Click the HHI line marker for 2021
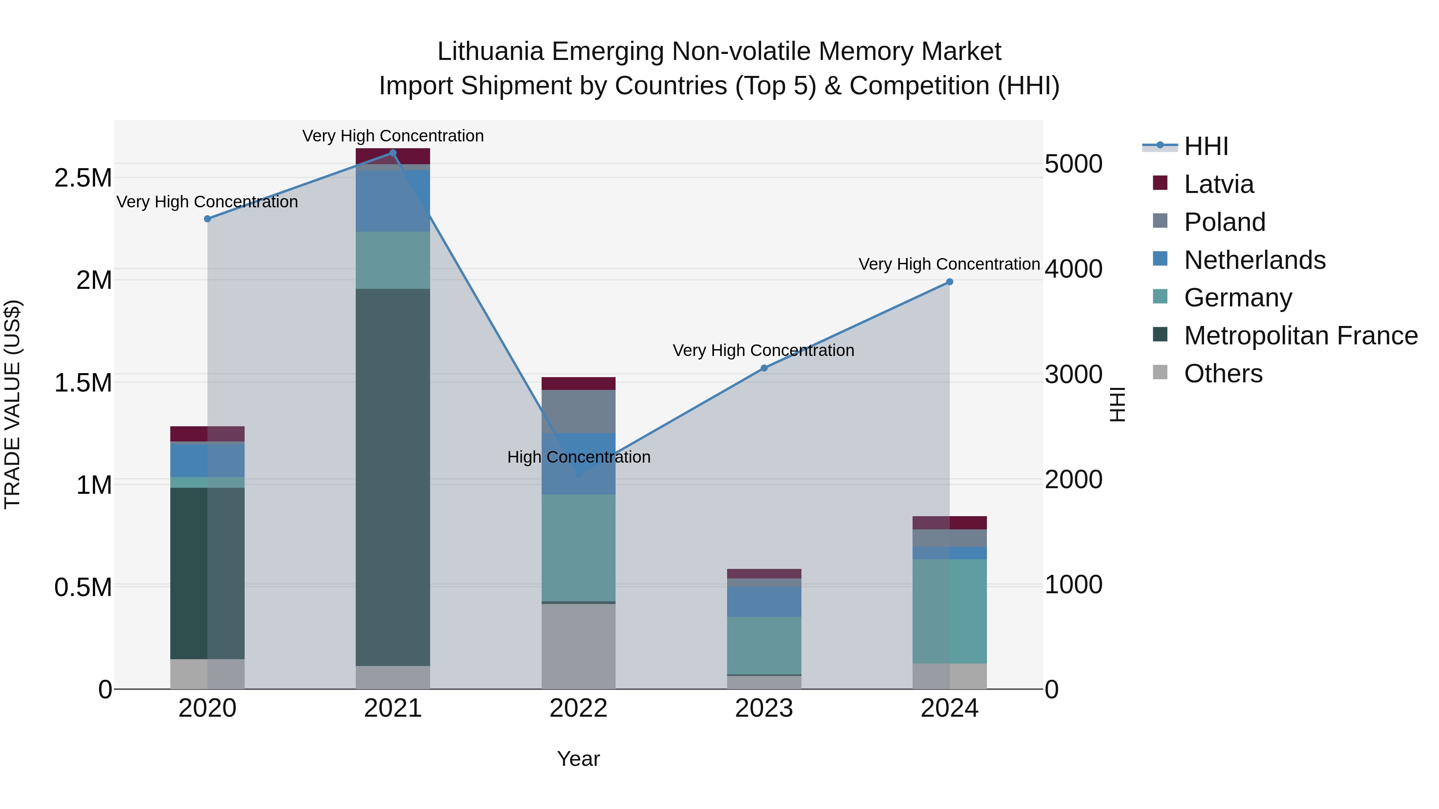click(x=393, y=153)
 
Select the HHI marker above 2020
click(x=207, y=219)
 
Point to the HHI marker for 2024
click(x=949, y=282)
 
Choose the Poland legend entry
click(x=1224, y=222)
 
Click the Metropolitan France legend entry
click(x=1300, y=336)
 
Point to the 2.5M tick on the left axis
click(x=83, y=178)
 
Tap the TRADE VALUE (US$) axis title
click(x=12, y=404)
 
